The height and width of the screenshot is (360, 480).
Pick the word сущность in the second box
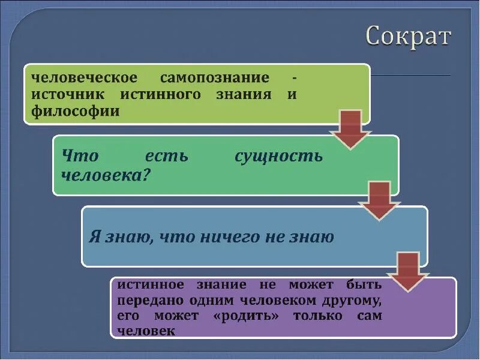click(x=278, y=156)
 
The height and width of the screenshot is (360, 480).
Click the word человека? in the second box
click(x=106, y=175)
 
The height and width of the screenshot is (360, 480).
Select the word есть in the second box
click(x=166, y=156)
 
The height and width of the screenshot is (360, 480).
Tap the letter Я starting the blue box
click(x=94, y=236)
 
